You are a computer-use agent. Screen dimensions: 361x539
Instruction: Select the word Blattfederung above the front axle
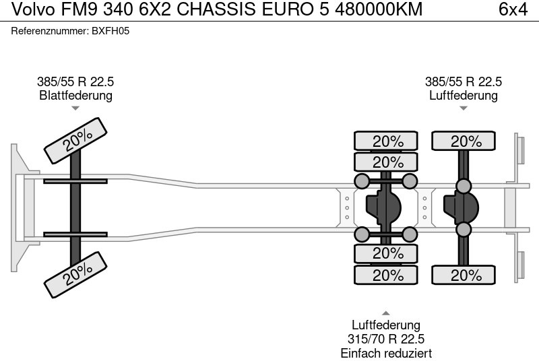75,96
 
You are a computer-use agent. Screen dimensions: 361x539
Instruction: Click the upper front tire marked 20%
77,139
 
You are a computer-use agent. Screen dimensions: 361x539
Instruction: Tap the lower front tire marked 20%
77,272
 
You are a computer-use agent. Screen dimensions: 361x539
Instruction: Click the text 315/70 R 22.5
386,339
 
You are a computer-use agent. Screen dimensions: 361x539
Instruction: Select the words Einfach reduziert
386,354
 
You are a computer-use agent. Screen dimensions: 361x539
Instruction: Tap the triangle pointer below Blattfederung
75,108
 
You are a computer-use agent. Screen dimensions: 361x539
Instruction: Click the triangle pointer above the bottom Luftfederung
386,313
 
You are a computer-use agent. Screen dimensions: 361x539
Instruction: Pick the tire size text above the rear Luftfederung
464,82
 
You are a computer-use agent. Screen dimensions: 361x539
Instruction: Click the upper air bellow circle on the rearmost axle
464,186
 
